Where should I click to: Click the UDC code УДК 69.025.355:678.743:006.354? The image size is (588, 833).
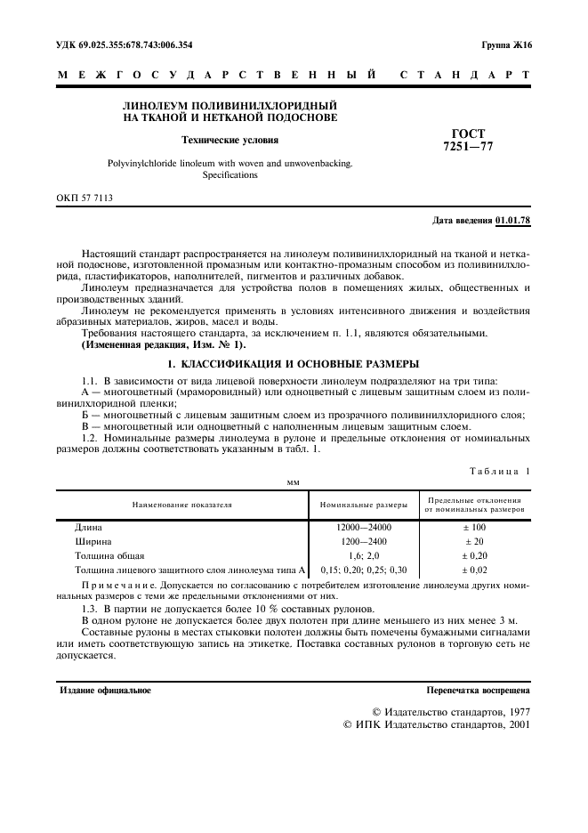pos(125,44)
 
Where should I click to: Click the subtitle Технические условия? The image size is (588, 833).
pos(230,140)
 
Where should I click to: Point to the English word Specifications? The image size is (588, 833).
pos(230,175)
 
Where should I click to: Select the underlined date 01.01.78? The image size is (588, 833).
pos(513,219)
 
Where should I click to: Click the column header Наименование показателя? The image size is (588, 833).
pos(181,504)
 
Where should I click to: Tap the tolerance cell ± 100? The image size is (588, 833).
pos(473,527)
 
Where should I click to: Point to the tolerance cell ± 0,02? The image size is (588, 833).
pos(473,569)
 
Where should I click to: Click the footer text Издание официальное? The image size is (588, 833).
pos(104,691)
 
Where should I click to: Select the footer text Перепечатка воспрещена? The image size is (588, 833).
pos(479,691)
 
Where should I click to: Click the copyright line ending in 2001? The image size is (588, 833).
pos(437,725)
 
